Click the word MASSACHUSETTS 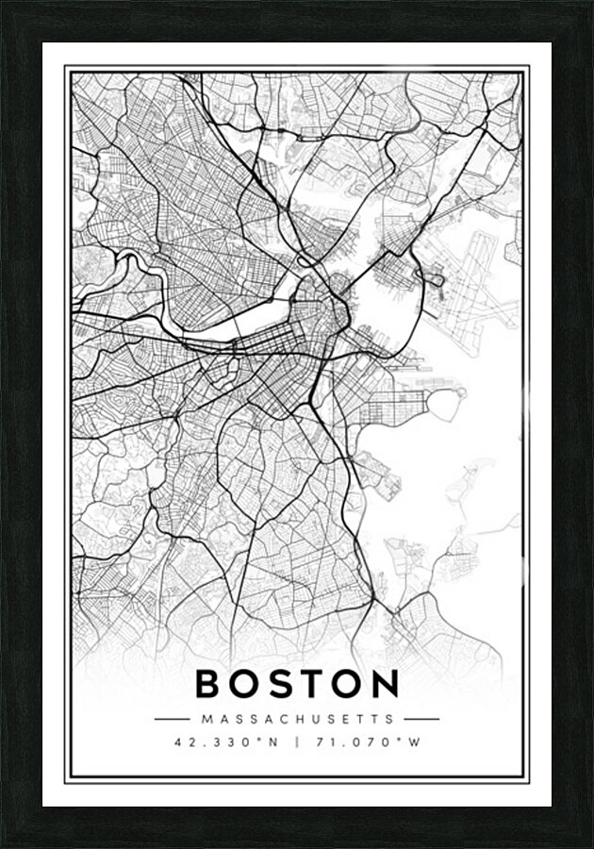point(297,720)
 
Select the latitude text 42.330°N point(227,742)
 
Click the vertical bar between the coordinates point(297,742)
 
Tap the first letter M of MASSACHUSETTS point(206,720)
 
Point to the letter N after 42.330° point(273,742)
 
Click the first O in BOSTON point(244,684)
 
